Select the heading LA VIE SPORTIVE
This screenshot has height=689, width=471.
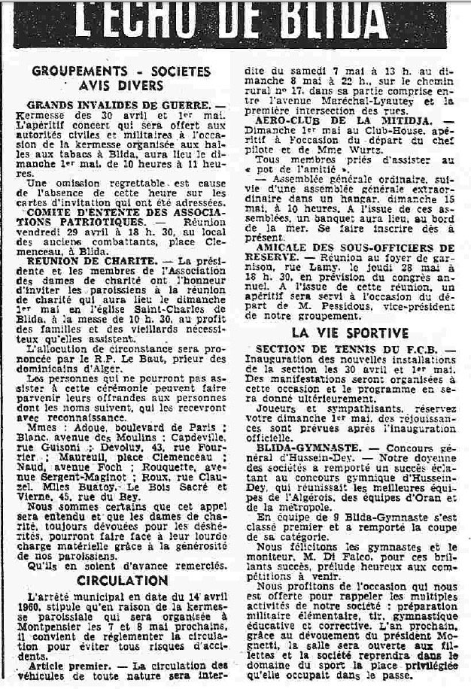coord(351,332)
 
